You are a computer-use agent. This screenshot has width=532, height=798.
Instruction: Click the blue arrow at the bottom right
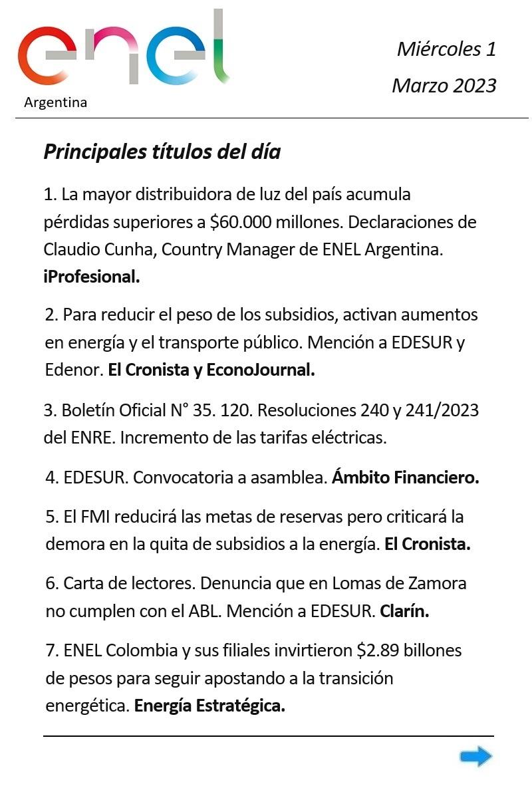(x=476, y=756)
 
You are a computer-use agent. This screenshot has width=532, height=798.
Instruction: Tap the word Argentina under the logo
(x=55, y=102)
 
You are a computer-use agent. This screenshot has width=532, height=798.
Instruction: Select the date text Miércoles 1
(x=446, y=49)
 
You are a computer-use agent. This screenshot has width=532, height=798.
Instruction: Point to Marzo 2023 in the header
(x=444, y=85)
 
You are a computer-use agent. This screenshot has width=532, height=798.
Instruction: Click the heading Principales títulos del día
(x=162, y=152)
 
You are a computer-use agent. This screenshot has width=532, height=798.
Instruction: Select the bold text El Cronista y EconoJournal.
(x=211, y=370)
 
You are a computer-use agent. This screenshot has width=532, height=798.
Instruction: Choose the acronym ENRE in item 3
(x=88, y=438)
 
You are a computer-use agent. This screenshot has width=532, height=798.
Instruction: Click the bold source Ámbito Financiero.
(x=406, y=477)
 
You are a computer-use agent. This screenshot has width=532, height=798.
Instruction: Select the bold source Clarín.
(x=404, y=611)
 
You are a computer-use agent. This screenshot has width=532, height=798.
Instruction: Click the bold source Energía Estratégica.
(x=209, y=706)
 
